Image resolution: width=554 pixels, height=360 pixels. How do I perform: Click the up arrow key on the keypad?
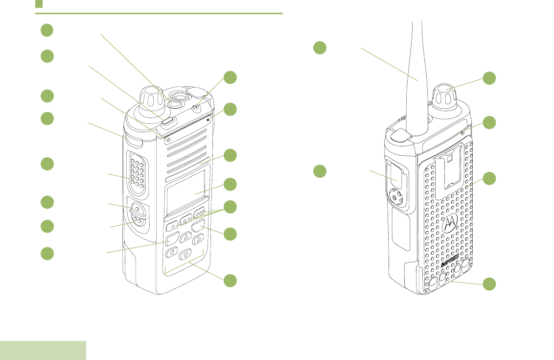pos(185,238)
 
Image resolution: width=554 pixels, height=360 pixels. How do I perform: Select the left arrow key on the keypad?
pos(172,252)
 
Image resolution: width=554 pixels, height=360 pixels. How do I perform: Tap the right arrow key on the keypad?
pos(198,240)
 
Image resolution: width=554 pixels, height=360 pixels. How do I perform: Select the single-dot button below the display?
pos(172,227)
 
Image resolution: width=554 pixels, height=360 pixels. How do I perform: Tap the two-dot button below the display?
pos(186,220)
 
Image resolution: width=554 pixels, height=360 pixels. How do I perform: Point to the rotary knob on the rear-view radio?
pos(445,96)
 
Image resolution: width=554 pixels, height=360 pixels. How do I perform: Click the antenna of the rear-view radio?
pos(417,69)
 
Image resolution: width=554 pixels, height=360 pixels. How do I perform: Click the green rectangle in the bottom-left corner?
pos(43,350)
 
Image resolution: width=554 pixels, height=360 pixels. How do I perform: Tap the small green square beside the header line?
pos(39,4)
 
